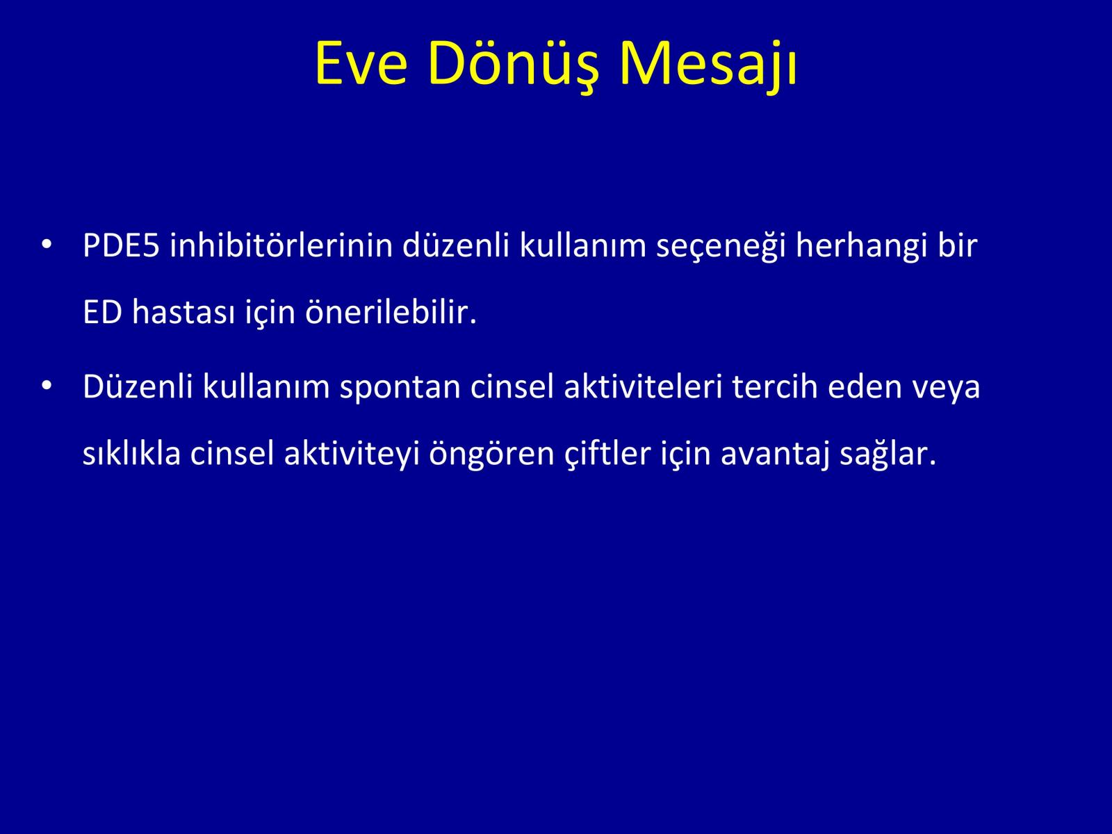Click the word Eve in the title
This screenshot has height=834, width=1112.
pyautogui.click(x=361, y=63)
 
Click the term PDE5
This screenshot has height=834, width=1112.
pyautogui.click(x=121, y=245)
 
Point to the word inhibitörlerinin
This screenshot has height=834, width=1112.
pyautogui.click(x=281, y=245)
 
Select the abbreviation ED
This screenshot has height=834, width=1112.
pyautogui.click(x=103, y=313)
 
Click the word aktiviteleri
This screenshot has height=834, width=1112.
pyautogui.click(x=643, y=386)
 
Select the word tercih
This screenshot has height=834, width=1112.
pyautogui.click(x=775, y=386)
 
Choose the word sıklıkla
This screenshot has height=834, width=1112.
pyautogui.click(x=132, y=452)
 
